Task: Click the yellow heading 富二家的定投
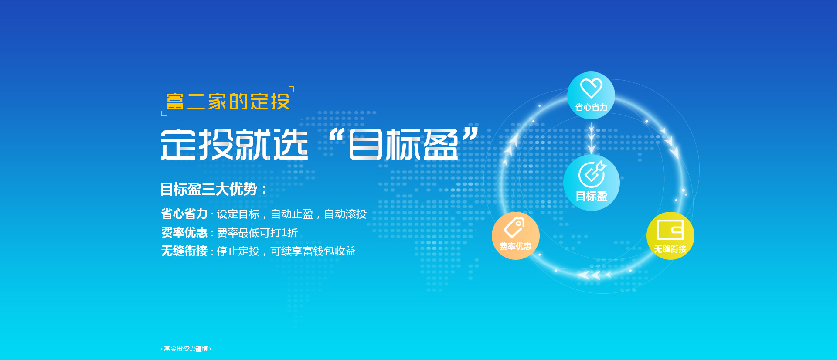[x=228, y=102]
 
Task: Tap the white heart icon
[x=591, y=88]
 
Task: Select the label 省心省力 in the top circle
[x=591, y=107]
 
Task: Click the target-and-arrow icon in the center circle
[x=592, y=174]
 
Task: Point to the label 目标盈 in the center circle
[x=592, y=197]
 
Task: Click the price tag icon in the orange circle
[x=514, y=228]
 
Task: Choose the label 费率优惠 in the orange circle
[x=515, y=247]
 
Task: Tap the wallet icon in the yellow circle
[x=670, y=230]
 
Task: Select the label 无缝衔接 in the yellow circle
[x=670, y=249]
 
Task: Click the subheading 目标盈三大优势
[x=209, y=189]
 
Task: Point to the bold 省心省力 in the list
[x=184, y=214]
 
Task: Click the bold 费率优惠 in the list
[x=184, y=232]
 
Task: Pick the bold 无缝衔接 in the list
[x=184, y=251]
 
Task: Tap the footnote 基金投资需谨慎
[x=186, y=349]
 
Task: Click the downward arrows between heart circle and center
[x=592, y=138]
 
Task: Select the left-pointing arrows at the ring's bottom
[x=594, y=275]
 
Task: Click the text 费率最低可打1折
[x=257, y=233]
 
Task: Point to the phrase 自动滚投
[x=345, y=214]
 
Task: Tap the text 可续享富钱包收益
[x=313, y=251]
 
